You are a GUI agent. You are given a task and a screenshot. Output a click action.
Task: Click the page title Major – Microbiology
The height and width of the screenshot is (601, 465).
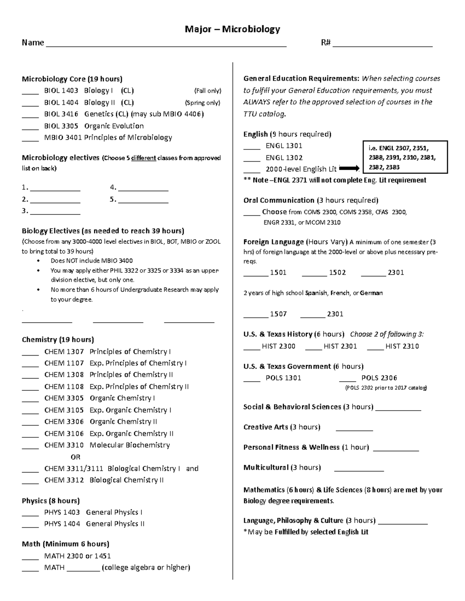pos(232,29)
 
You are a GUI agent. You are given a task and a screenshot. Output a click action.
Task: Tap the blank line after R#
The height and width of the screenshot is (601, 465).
pos(382,45)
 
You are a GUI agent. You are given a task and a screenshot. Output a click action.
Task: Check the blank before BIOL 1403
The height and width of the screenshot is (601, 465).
pos(30,93)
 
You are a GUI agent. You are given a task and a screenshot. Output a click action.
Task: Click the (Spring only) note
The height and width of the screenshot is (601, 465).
pos(202,103)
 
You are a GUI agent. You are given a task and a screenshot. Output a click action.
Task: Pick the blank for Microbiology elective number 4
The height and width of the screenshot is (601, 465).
pos(143,190)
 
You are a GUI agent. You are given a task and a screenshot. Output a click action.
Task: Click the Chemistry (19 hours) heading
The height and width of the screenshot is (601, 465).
pos(58,340)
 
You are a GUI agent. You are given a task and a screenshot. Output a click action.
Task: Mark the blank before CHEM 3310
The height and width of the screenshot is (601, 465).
pos(30,447)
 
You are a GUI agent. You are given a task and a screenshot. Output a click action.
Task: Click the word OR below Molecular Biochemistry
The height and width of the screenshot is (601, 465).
pos(75,457)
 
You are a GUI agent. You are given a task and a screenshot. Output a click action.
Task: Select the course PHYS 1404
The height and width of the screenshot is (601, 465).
pos(62,524)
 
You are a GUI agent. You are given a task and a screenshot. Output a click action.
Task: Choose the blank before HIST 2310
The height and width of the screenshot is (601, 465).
pos(375,348)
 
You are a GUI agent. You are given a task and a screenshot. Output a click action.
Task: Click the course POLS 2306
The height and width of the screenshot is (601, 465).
pos(379,378)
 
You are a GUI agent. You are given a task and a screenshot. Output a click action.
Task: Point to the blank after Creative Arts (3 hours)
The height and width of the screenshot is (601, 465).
pos(354,430)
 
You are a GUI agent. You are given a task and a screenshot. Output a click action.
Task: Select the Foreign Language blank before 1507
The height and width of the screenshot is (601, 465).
pos(255,316)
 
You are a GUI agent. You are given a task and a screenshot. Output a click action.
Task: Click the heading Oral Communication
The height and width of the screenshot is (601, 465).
pos(279,200)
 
